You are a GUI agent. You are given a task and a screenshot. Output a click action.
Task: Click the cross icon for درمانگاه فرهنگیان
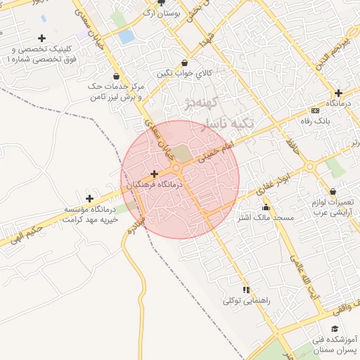point(154,173)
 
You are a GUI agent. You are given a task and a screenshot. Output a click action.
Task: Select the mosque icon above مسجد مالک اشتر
point(266,207)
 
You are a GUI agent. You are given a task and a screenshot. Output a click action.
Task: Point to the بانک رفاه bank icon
point(314,110)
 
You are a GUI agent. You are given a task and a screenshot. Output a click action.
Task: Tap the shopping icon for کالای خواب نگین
point(184,63)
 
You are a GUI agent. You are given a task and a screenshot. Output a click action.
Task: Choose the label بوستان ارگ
point(161,13)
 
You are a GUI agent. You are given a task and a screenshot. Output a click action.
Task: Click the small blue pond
point(127,37)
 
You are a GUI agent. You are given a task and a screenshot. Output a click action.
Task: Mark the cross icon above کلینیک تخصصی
point(42,38)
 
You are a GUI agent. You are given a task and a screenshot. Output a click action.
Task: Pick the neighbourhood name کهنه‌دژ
point(200,104)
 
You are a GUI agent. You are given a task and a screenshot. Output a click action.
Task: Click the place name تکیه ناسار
point(222,124)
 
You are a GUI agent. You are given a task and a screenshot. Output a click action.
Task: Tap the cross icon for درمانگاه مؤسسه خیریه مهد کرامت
point(89,199)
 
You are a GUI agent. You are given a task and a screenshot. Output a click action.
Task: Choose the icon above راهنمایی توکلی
point(246,290)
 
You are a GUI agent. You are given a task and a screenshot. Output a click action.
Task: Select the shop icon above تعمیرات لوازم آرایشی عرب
point(333,191)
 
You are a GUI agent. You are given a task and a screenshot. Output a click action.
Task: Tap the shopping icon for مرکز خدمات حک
point(115,76)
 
